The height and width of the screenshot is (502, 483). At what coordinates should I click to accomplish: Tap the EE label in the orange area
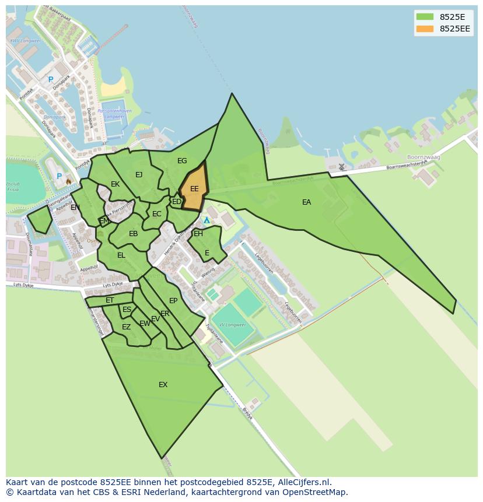pos(194,189)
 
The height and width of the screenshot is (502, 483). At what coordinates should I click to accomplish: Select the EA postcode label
pos(306,202)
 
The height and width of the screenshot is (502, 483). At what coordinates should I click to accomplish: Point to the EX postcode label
pos(163,385)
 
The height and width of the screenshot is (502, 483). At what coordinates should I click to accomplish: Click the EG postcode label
pos(182,161)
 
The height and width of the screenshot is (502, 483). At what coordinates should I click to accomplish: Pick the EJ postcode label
pos(139,175)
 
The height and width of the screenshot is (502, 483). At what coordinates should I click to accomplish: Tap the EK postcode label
pos(115,184)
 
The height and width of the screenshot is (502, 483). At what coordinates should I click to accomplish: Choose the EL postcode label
pos(121,255)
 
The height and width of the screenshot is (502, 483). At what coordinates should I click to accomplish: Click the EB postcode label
pos(134,234)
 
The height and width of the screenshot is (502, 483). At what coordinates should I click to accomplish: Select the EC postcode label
pos(156,214)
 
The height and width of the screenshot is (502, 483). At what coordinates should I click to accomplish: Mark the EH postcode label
pos(198,234)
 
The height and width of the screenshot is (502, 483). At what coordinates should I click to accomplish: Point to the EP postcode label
pos(173,301)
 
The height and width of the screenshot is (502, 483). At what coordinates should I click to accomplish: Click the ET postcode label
pos(110,301)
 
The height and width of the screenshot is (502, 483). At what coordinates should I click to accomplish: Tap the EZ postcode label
pos(126,327)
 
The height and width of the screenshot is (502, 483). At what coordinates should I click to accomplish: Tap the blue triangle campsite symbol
pos(206,220)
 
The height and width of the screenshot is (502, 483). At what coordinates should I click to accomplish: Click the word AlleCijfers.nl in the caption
pos(303,482)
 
